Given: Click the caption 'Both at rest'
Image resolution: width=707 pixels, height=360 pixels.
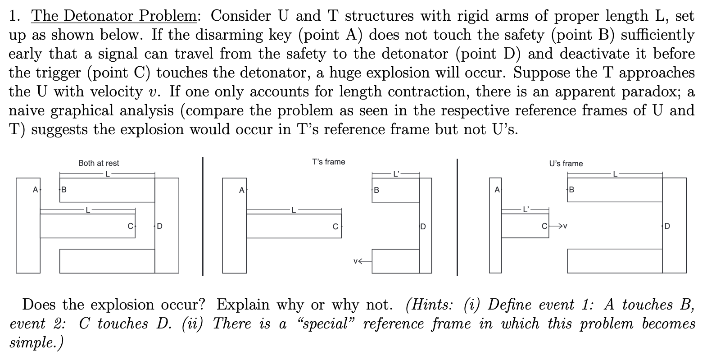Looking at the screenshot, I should pos(99,163).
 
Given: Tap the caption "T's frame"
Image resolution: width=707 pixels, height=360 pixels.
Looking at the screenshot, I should pos(328,162).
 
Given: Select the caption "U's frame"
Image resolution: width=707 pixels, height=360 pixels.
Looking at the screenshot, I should pos(566,164).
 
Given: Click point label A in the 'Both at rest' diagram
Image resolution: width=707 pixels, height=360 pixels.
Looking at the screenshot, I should pos(35,190).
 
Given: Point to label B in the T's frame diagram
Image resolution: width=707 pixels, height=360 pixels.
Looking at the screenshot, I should pos(376,190).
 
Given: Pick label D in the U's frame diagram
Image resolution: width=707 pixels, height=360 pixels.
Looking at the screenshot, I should pos(667,226).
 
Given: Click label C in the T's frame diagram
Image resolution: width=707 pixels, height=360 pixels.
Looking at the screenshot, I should pos(335,227).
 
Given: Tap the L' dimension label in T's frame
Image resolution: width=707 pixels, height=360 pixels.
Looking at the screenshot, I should pos(396,173).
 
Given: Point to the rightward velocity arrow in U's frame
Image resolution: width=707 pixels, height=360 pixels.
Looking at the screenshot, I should pos(559,226).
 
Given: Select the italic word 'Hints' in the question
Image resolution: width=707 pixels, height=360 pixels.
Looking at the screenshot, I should pos(430,305).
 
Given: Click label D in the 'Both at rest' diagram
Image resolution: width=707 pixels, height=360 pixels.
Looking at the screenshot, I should pos(159,226).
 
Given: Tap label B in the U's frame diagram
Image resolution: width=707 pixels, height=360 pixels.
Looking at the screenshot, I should pos(571,190).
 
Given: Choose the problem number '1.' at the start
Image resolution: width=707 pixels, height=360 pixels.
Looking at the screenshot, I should pos(15,16).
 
